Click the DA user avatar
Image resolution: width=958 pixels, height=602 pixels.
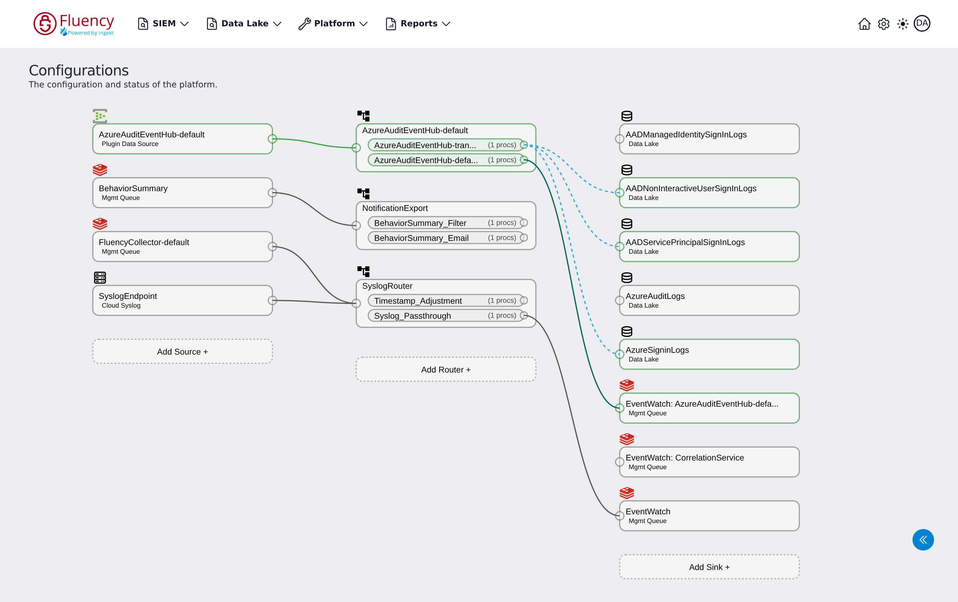tap(922, 23)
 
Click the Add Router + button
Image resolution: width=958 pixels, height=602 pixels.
tap(445, 370)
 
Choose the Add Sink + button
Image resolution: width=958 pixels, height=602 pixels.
tap(709, 567)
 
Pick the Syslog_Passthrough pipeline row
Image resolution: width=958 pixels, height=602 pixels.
tap(445, 316)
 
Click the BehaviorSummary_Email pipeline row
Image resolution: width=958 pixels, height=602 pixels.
tap(445, 238)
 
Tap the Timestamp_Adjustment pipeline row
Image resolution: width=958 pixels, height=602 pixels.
tap(445, 301)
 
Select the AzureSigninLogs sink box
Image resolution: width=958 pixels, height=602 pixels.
tap(709, 354)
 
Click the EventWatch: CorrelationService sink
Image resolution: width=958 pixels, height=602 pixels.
tap(709, 462)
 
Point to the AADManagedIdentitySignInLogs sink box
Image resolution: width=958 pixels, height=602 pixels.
tap(709, 139)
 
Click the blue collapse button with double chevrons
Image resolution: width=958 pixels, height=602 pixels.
tap(923, 539)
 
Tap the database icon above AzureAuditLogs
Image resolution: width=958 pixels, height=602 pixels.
tap(627, 278)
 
